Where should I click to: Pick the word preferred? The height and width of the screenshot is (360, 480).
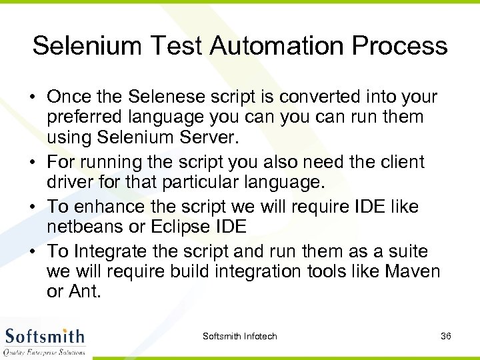(x=81, y=117)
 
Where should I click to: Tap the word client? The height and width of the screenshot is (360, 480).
(x=399, y=163)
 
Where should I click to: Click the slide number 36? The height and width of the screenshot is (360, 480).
(x=446, y=336)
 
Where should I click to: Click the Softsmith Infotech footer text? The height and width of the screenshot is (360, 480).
(x=240, y=336)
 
